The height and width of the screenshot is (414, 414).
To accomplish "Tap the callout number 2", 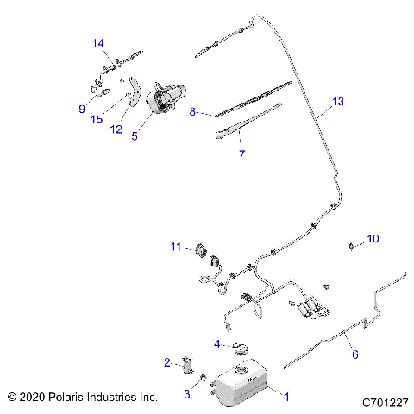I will pyautogui.click(x=167, y=362).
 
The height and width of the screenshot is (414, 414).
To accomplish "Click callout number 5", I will pyautogui.click(x=135, y=135).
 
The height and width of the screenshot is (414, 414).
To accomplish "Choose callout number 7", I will pyautogui.click(x=241, y=155).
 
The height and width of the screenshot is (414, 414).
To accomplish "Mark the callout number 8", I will pyautogui.click(x=194, y=111).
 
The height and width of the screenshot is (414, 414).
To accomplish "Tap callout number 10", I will pyautogui.click(x=373, y=238).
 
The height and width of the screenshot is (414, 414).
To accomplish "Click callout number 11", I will pyautogui.click(x=175, y=248).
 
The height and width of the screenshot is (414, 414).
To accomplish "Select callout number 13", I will pyautogui.click(x=338, y=102).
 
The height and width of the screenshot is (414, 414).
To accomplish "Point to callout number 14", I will pyautogui.click(x=98, y=42).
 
